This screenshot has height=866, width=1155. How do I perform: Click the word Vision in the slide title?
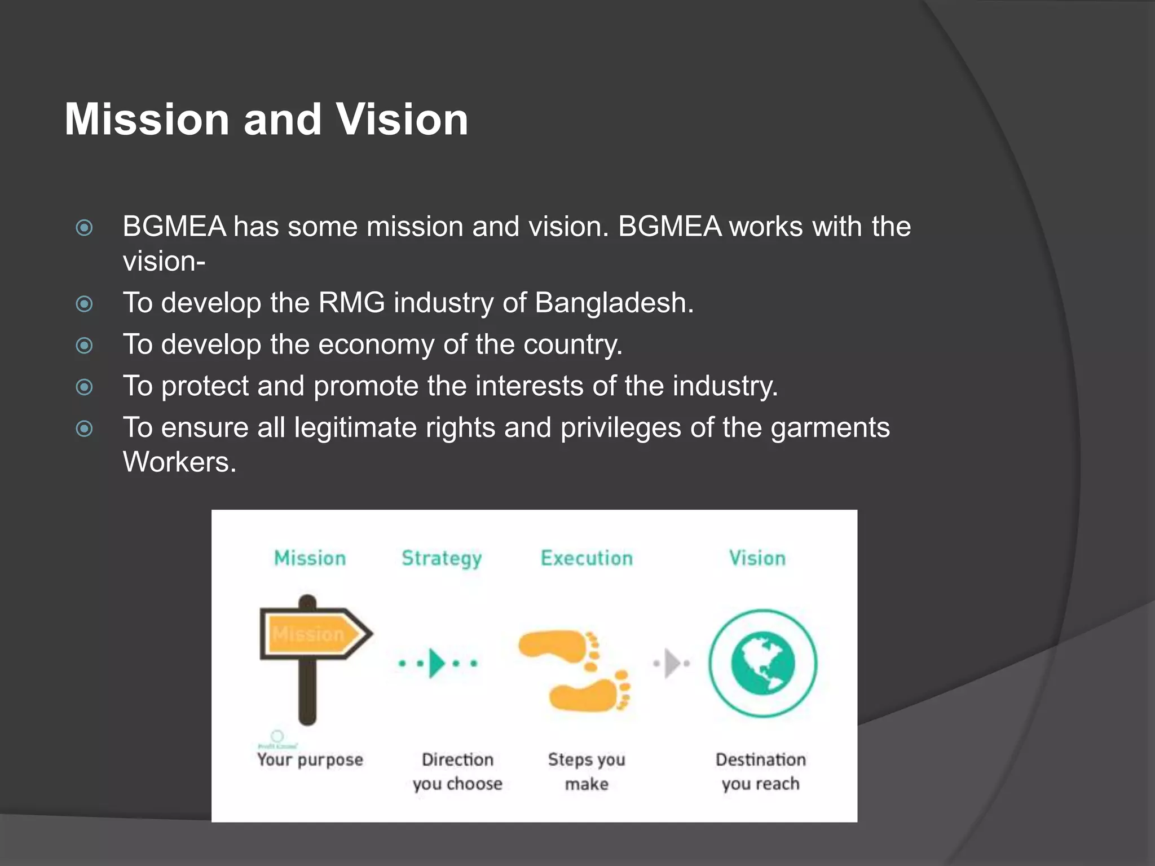[x=402, y=120]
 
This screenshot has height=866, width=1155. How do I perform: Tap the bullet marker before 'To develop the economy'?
[x=85, y=345]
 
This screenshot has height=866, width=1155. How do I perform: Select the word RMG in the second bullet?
[x=351, y=303]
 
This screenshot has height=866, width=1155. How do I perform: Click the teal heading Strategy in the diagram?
[x=442, y=558]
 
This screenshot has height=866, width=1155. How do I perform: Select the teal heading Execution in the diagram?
[x=587, y=558]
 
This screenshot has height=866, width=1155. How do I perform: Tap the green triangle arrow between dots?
[x=437, y=663]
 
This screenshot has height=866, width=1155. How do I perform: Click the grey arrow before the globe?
[x=672, y=663]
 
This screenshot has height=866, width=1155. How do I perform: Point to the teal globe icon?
[x=762, y=663]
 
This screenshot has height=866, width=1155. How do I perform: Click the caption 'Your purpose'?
[x=310, y=760]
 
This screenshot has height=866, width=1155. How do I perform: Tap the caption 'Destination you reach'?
[x=761, y=771]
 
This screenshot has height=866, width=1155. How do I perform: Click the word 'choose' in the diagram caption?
[x=474, y=784]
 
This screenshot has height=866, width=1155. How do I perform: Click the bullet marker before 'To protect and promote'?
[x=85, y=387]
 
